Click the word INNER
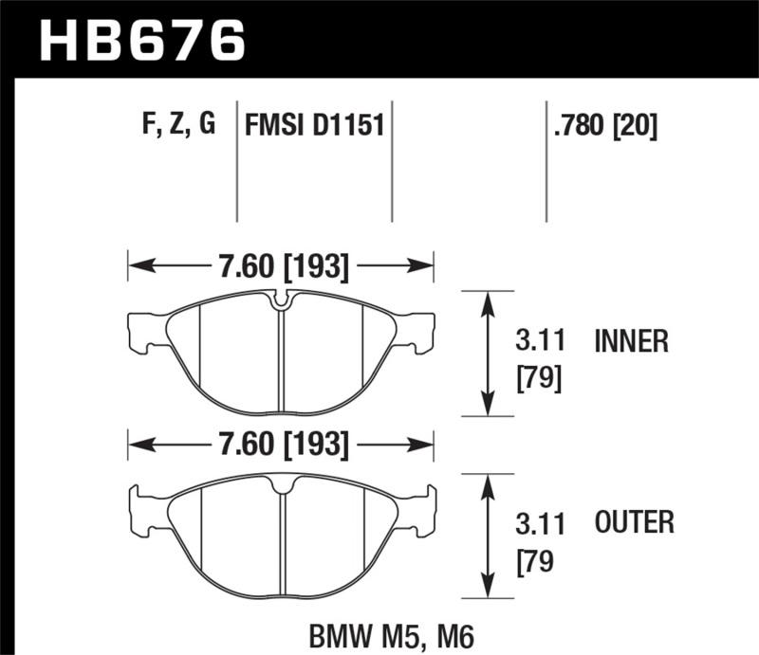[x=631, y=341]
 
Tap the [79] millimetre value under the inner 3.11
[x=538, y=379]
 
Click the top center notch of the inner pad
[x=281, y=302]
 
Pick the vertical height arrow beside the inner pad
[x=488, y=353]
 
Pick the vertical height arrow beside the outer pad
[x=488, y=537]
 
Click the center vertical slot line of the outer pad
[x=282, y=540]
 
